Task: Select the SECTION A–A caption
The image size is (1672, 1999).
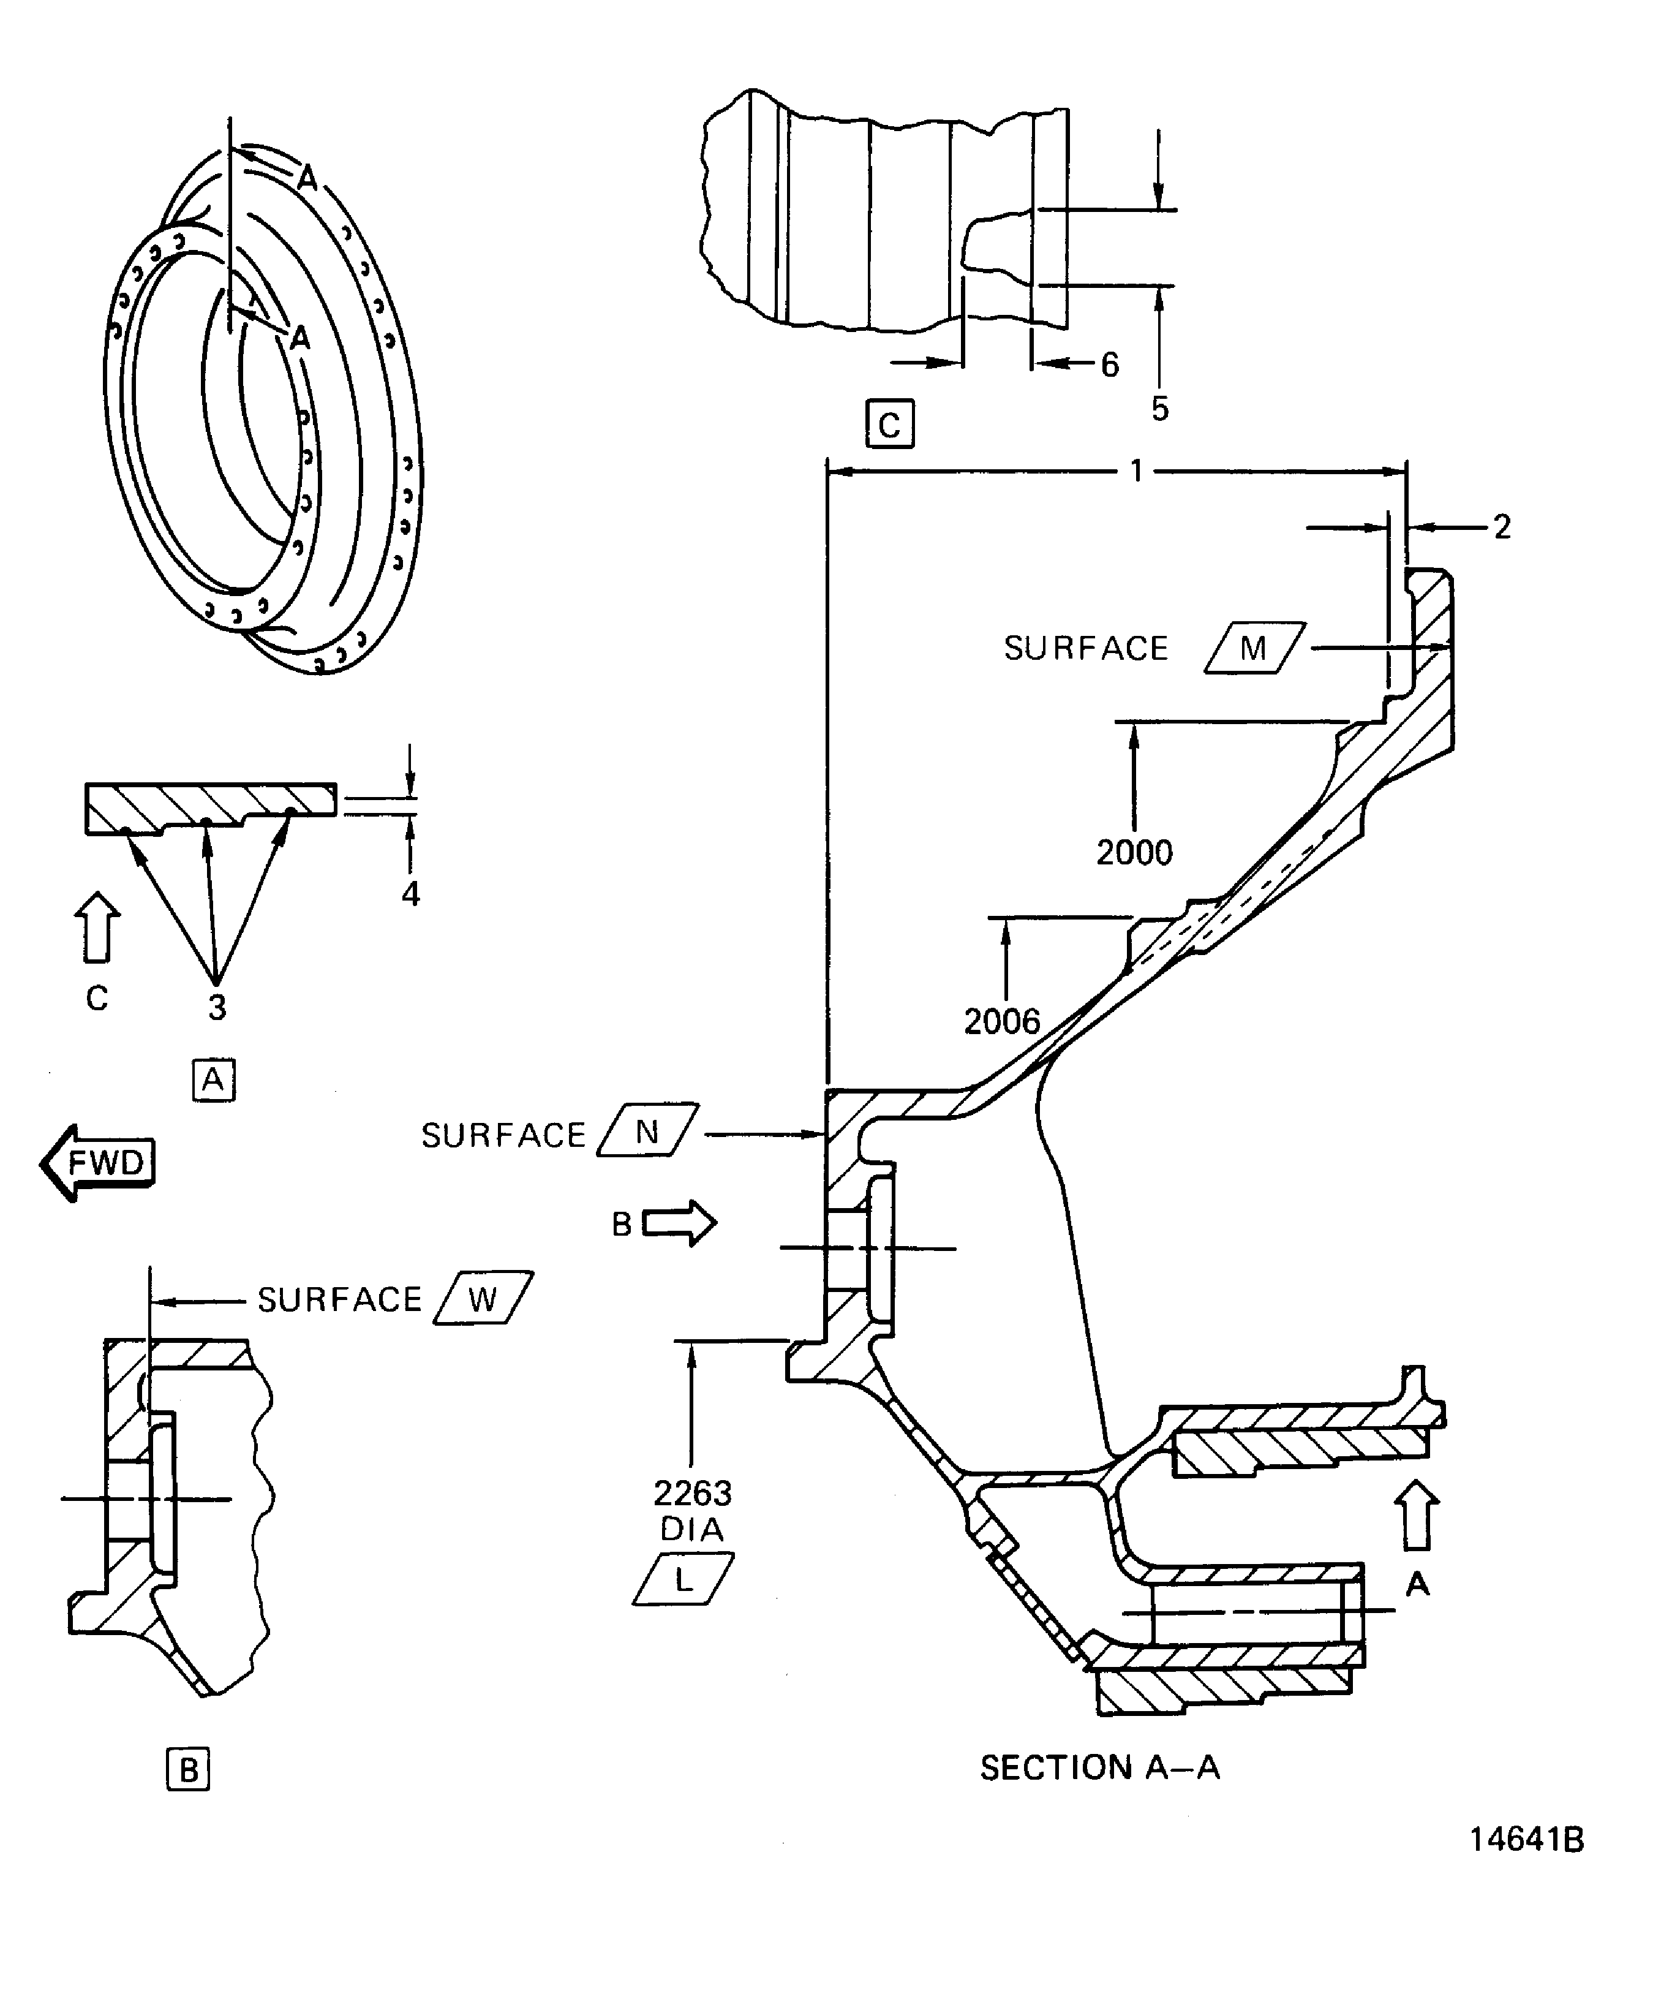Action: (1099, 1767)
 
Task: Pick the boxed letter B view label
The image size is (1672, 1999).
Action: (189, 1770)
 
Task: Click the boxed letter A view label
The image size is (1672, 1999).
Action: (214, 1079)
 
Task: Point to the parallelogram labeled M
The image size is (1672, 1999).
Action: (1254, 648)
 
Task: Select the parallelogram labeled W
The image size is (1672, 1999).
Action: (483, 1298)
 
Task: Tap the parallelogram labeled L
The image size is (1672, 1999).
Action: (683, 1579)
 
